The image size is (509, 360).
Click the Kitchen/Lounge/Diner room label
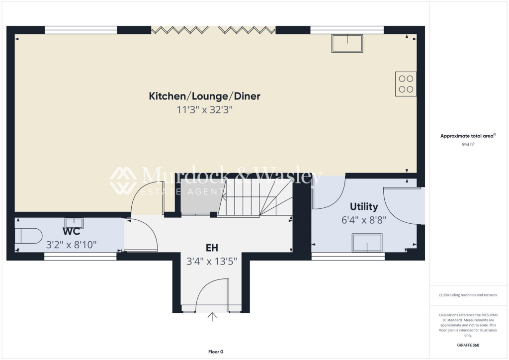tap(204, 96)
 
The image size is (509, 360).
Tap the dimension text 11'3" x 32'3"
tap(204, 110)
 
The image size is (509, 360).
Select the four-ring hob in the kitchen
tap(406, 84)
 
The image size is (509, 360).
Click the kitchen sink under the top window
tap(347, 43)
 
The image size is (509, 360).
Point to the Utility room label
tap(364, 206)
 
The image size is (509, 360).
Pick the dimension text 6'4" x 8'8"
tap(364, 219)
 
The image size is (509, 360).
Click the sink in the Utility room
tap(367, 243)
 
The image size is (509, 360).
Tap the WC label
tap(72, 232)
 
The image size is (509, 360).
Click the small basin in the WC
tap(74, 222)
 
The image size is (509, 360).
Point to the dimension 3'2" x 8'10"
tap(71, 245)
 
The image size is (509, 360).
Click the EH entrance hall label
tap(212, 247)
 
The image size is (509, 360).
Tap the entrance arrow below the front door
tap(213, 317)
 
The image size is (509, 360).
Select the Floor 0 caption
tap(215, 352)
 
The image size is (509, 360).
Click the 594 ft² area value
tap(468, 145)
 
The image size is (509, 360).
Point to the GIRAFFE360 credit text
tap(468, 345)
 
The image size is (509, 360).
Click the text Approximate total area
tap(467, 136)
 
